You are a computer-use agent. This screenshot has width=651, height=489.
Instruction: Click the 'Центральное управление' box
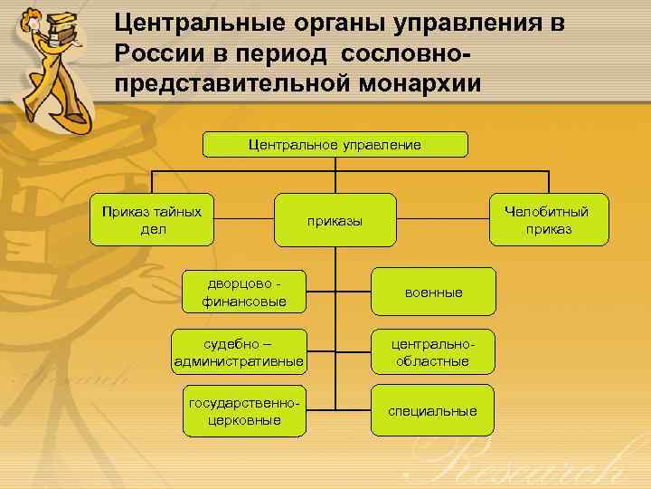tap(335, 145)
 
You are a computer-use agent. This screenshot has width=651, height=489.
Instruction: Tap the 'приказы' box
tap(335, 220)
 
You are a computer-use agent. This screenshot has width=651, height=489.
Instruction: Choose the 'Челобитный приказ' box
tap(546, 220)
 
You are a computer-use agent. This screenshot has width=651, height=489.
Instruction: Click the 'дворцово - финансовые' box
tap(244, 292)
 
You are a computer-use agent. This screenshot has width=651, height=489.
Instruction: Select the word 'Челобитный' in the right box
tap(546, 212)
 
